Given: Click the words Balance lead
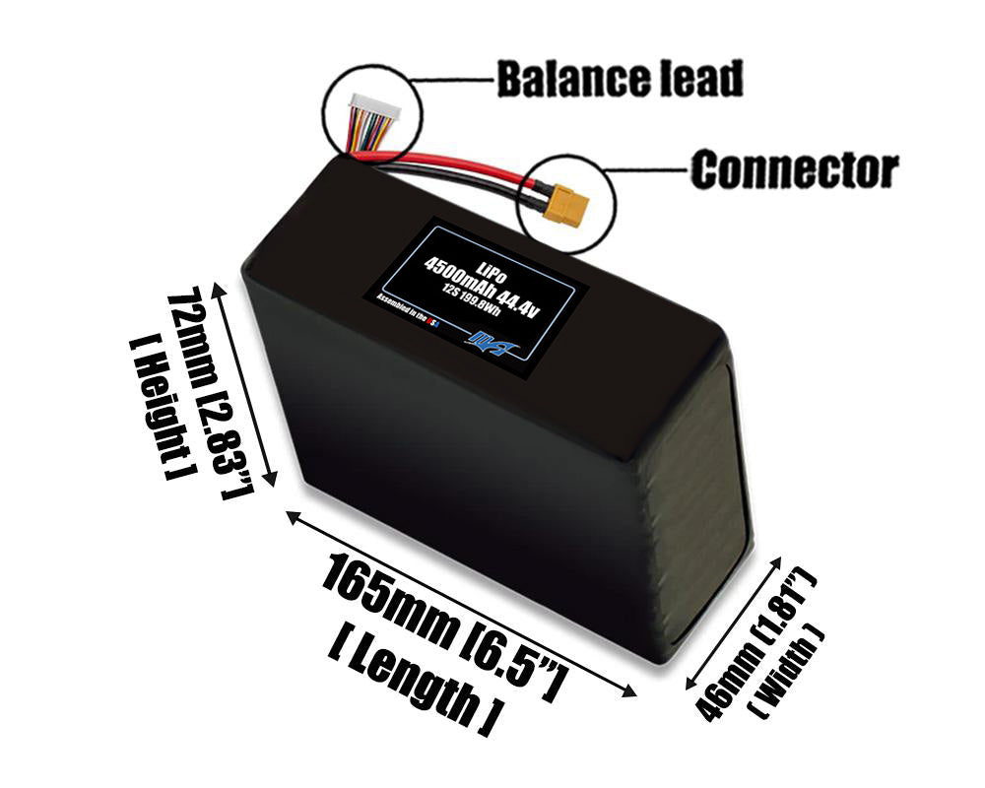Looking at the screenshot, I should pos(619,79).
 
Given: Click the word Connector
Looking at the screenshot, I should pos(794,170).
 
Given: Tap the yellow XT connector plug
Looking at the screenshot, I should pos(568,206).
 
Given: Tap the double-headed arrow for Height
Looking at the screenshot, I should pos(245,384).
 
